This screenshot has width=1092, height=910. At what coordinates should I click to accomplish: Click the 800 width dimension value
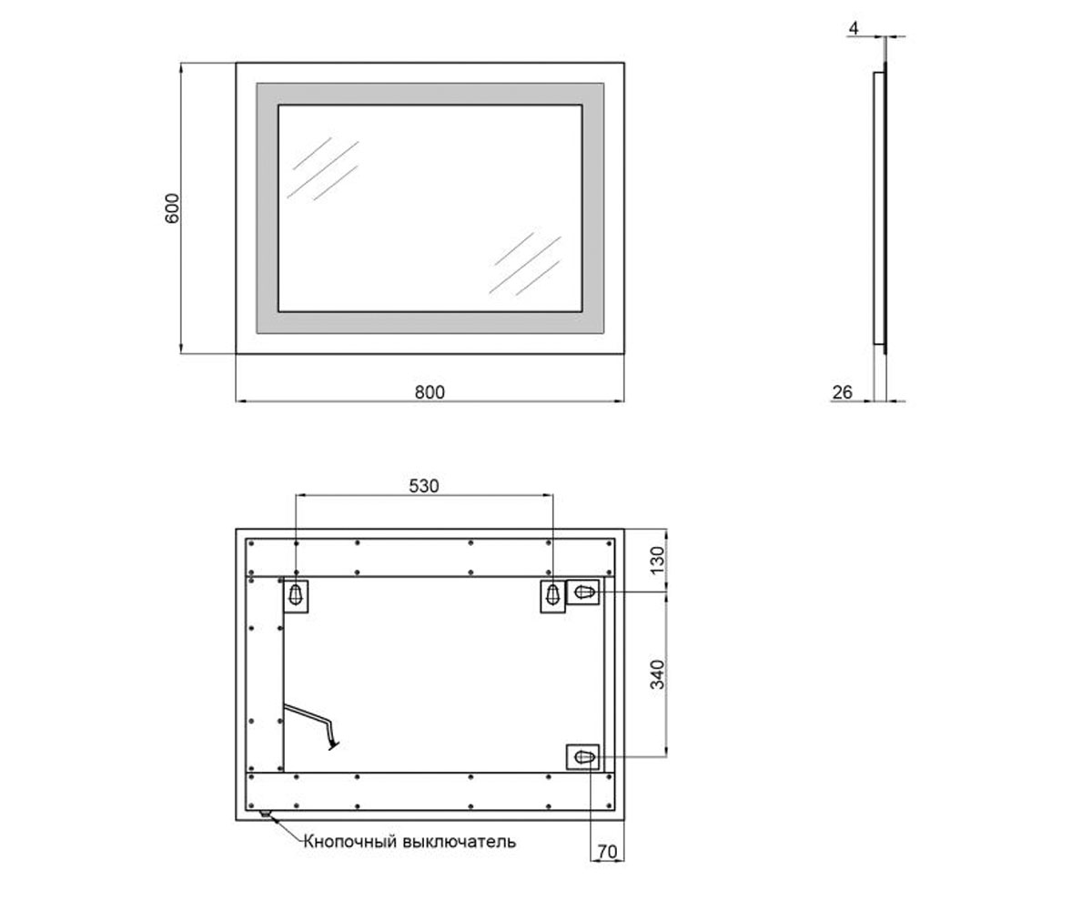tap(430, 392)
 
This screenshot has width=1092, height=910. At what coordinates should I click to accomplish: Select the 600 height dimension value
tap(172, 208)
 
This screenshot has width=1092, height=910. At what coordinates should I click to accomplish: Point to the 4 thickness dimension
tap(854, 28)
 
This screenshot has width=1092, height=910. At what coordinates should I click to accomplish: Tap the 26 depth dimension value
tap(842, 392)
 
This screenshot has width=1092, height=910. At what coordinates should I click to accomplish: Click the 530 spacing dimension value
tap(424, 486)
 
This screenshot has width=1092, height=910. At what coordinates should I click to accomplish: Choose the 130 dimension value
tap(657, 560)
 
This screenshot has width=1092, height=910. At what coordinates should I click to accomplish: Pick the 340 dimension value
tap(657, 674)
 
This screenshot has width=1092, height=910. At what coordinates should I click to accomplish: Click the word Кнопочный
tap(349, 842)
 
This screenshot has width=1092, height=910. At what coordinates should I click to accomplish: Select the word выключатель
tap(460, 842)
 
